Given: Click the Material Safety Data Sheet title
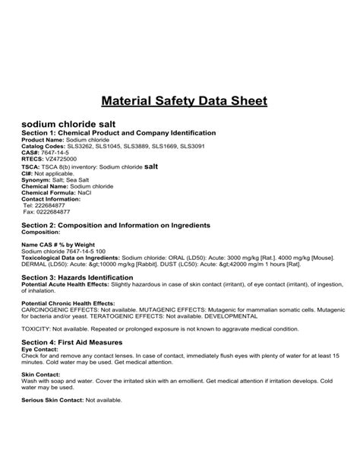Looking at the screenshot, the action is [180, 100].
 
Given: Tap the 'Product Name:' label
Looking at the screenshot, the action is [43, 141].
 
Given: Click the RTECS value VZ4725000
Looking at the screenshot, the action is [62, 158].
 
